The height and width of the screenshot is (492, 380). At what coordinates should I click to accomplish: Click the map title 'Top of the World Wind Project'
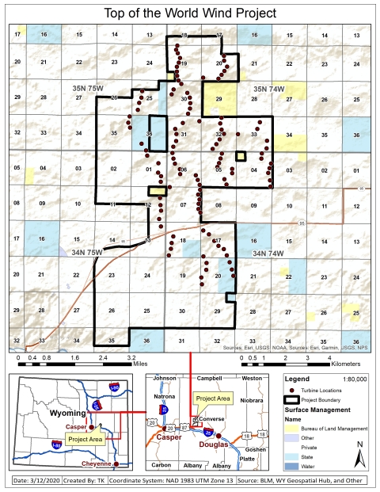click(190, 13)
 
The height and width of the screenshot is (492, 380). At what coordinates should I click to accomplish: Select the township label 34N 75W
click(86, 252)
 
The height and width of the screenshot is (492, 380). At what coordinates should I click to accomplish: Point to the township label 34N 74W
click(268, 253)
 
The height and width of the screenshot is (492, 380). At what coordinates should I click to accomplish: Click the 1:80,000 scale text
click(356, 379)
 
